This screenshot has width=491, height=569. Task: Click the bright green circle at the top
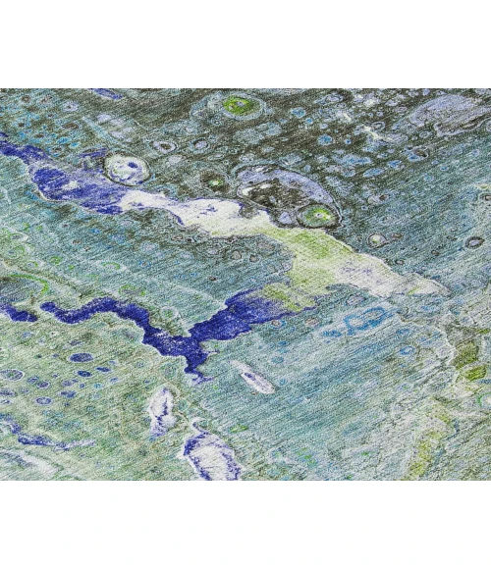(x=237, y=103)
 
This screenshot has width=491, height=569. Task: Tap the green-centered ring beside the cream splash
(x=318, y=215)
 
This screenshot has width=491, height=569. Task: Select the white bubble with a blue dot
(x=125, y=169)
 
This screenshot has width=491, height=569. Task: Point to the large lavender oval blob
(x=448, y=113)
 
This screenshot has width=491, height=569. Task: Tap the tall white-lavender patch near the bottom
(x=161, y=412)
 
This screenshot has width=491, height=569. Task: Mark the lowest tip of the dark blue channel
(x=199, y=374)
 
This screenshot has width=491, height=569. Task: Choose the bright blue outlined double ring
(x=365, y=320)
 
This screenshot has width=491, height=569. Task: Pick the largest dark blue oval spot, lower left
(x=82, y=357)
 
